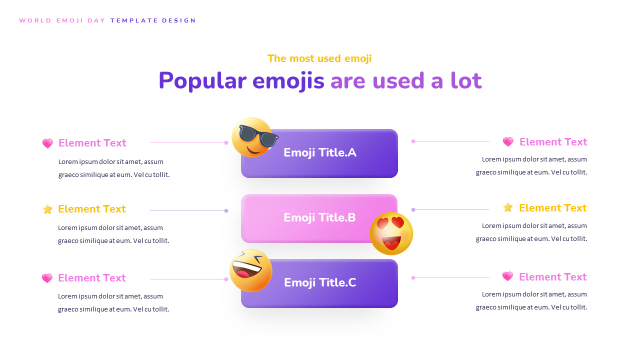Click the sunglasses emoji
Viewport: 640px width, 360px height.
tap(252, 137)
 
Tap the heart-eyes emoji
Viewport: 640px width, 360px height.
tap(391, 233)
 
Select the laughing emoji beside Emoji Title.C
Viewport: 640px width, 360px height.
tap(251, 270)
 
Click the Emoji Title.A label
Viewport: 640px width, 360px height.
tap(320, 152)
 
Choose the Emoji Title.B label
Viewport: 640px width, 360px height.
tap(319, 217)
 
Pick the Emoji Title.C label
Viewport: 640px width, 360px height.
tap(320, 282)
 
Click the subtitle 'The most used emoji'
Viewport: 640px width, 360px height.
tap(319, 58)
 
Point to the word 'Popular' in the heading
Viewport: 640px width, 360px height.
tap(202, 81)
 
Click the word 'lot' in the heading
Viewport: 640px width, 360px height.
tap(466, 81)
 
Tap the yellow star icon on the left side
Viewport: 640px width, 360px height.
tap(47, 209)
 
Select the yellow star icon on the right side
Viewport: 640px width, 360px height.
tap(508, 207)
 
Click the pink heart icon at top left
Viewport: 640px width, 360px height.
tap(47, 143)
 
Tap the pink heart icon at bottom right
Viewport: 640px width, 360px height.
tap(507, 276)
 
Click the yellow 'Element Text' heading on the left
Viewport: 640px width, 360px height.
tap(92, 209)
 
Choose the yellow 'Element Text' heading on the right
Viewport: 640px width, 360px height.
tap(553, 208)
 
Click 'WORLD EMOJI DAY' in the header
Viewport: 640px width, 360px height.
tap(62, 20)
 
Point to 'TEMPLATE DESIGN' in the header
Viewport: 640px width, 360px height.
tap(153, 20)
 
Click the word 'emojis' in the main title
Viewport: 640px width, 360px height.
tap(288, 81)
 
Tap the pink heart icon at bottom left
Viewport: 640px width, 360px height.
tap(47, 278)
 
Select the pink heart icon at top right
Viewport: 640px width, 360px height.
tap(508, 141)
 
